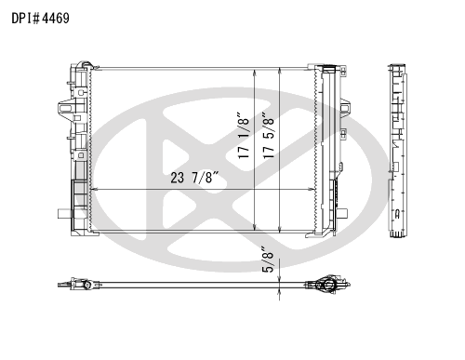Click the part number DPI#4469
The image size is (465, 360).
pos(41,19)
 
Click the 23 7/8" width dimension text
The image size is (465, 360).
pos(194,178)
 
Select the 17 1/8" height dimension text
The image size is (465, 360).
pos(244,135)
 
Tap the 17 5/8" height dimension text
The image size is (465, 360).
pos(269,135)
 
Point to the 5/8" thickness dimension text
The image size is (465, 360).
pos(268,260)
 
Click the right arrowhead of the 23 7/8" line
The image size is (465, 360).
pos(311,189)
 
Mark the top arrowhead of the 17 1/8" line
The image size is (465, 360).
pos(255,73)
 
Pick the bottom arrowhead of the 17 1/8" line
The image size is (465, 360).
pos(255,227)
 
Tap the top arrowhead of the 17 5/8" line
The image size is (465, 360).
pos(280,71)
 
